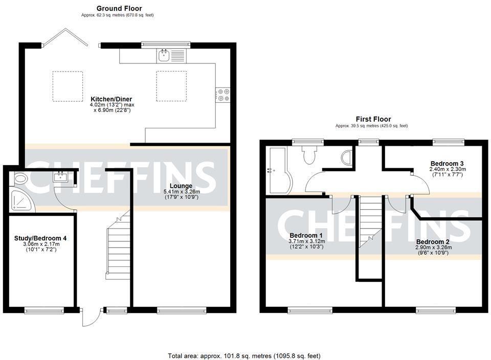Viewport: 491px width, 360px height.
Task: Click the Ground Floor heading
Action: coord(119,8)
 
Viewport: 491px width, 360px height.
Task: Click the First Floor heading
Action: coord(371,119)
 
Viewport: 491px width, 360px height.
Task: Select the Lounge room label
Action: coord(182,186)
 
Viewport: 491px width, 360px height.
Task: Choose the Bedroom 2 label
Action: coord(433,241)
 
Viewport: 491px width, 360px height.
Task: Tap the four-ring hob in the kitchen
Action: coord(223,95)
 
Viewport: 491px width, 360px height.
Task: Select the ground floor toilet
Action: coord(20,179)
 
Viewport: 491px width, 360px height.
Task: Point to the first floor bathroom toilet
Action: coord(310,155)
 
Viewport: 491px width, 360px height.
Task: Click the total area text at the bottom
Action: coord(244,355)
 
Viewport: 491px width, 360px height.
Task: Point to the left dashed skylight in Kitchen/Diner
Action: coord(68,86)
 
